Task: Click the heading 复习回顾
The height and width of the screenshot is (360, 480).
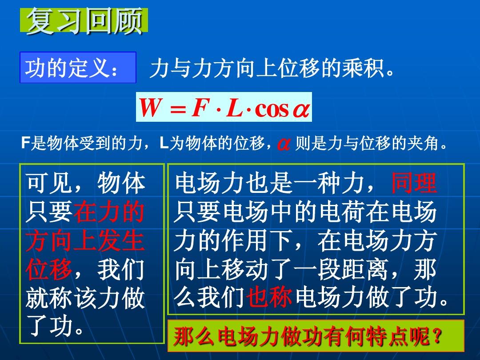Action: pyautogui.click(x=84, y=21)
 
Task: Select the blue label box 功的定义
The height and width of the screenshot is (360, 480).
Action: pyautogui.click(x=78, y=68)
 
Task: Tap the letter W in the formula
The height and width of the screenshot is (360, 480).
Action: pyautogui.click(x=150, y=108)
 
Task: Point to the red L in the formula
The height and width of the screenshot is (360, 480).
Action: pyautogui.click(x=234, y=108)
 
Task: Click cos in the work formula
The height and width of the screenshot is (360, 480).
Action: pyautogui.click(x=272, y=109)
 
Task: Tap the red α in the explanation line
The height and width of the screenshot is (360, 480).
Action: pyautogui.click(x=284, y=144)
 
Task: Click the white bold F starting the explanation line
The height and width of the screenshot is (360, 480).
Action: pyautogui.click(x=25, y=143)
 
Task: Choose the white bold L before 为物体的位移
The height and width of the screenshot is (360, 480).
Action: pyautogui.click(x=164, y=143)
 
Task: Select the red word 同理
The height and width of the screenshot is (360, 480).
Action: pyautogui.click(x=414, y=183)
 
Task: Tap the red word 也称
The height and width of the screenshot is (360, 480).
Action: pyautogui.click(x=269, y=296)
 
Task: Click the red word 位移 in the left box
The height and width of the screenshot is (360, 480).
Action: pyautogui.click(x=49, y=270)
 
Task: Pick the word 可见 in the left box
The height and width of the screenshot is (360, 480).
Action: pyautogui.click(x=49, y=183)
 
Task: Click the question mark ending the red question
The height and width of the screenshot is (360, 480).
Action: pyautogui.click(x=438, y=336)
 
